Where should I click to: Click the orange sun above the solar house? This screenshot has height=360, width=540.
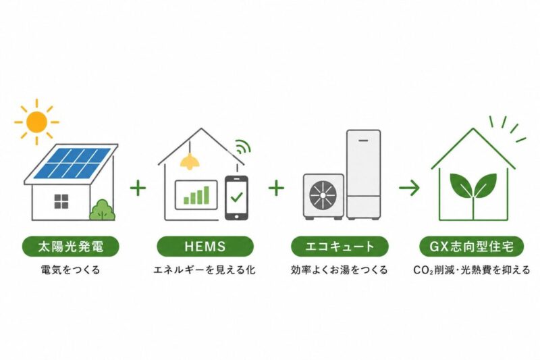click(36, 122)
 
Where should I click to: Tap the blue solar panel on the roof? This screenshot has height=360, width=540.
click(72, 162)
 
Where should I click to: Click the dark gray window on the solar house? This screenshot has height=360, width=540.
click(61, 201)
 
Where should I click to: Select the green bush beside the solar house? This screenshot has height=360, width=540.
click(103, 210)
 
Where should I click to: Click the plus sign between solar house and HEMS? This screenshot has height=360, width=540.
click(138, 188)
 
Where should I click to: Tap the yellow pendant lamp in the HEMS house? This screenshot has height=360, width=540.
click(190, 161)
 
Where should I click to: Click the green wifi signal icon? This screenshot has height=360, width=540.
click(243, 147)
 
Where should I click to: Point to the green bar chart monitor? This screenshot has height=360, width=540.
click(196, 195)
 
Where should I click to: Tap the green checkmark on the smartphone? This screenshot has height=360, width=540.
click(237, 197)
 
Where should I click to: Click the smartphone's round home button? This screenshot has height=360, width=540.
click(237, 216)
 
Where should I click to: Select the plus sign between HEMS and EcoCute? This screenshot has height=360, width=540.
click(276, 188)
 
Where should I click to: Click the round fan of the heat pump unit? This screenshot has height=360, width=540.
click(323, 195)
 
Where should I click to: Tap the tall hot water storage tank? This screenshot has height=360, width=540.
click(364, 175)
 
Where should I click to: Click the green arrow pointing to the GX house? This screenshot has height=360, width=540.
click(409, 188)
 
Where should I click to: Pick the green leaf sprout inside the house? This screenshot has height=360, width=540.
click(473, 193)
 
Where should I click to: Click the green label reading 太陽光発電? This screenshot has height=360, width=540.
click(71, 247)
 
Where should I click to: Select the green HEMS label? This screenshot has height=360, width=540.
click(205, 247)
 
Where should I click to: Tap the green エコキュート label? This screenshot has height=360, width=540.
click(340, 247)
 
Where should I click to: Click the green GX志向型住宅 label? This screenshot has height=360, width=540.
click(472, 247)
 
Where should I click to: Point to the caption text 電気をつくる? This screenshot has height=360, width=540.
click(71, 269)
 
